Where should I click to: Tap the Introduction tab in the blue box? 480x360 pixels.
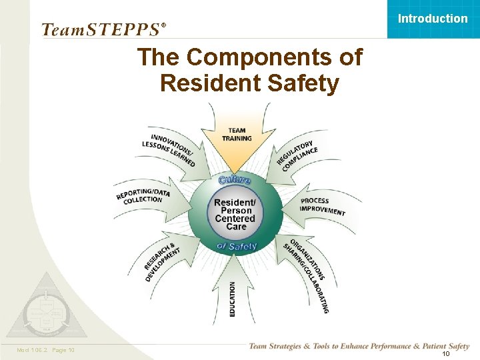pyautogui.click(x=433, y=19)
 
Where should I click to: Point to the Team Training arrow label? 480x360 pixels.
pyautogui.click(x=237, y=135)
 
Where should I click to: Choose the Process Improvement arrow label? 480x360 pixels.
pyautogui.click(x=323, y=206)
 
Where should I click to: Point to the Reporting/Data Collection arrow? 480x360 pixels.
pyautogui.click(x=144, y=196)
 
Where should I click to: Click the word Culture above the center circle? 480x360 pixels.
pyautogui.click(x=235, y=180)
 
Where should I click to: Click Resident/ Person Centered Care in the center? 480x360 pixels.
pyautogui.click(x=235, y=214)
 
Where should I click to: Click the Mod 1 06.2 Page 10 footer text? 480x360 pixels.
pyautogui.click(x=45, y=350)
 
